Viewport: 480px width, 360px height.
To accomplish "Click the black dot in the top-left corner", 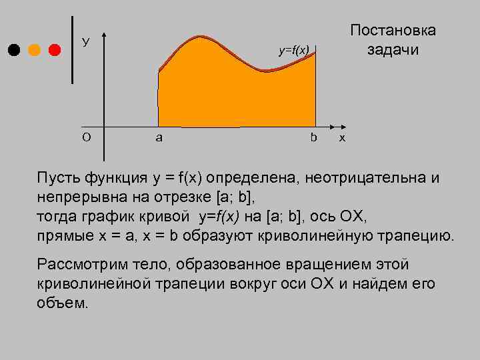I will click(14, 50).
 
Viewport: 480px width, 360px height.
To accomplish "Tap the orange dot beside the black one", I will click(35, 50).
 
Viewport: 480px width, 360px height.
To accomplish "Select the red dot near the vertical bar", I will click(55, 50).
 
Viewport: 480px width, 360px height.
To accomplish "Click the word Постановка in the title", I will click(393, 30).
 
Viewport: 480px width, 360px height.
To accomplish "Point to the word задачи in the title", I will click(393, 50).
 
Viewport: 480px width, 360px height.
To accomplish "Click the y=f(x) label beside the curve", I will click(294, 50).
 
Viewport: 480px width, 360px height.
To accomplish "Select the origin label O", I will click(86, 137).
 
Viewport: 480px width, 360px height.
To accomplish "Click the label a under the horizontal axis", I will click(159, 138).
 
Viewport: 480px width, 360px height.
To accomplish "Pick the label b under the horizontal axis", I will click(313, 137).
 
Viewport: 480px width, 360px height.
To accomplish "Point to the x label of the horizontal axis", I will click(343, 138).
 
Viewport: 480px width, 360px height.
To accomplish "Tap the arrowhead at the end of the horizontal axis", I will click(334, 125).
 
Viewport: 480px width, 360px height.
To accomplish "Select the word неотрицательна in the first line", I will click(364, 179).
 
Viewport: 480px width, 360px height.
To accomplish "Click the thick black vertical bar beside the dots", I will click(73, 50).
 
